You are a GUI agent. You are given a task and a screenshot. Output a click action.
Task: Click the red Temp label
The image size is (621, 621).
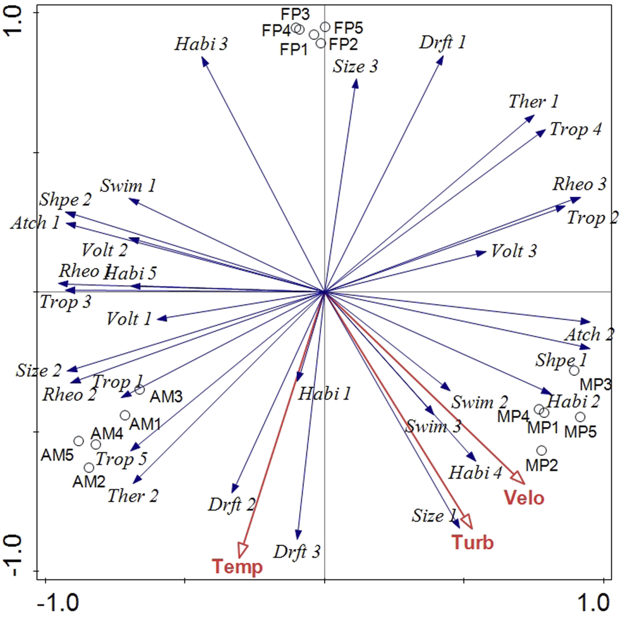pos(237,566)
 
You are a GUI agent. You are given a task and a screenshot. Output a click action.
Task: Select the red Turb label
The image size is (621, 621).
pos(472,542)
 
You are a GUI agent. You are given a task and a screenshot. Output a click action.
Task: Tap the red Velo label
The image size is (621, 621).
pos(524,498)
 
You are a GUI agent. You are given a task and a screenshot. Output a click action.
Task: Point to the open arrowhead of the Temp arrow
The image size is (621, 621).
pos(242,551)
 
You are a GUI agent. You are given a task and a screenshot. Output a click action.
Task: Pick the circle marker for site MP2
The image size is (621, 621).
pos(541,451)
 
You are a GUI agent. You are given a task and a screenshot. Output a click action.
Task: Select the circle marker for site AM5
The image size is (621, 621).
pos(79,441)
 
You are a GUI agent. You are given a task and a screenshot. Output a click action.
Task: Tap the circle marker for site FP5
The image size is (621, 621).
pos(325,27)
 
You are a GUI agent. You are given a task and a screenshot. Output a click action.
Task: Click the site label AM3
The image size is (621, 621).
pos(166,397)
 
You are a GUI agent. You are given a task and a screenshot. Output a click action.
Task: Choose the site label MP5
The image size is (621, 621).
pos(580,431)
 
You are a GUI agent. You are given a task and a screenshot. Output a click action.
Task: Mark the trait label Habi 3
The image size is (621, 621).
pos(201,44)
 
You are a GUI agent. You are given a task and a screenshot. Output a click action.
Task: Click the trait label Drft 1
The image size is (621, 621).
pos(442,43)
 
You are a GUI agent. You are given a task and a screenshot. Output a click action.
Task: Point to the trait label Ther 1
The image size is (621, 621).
pos(533,101)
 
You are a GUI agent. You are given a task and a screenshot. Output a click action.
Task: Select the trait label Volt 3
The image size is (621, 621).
pos(514,251)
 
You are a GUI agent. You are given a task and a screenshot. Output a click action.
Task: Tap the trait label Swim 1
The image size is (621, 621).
pos(128,186)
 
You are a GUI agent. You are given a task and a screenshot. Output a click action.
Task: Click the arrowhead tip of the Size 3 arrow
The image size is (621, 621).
pos(356,80)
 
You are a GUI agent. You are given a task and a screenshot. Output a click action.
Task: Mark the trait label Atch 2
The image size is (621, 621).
pos(589,334)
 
